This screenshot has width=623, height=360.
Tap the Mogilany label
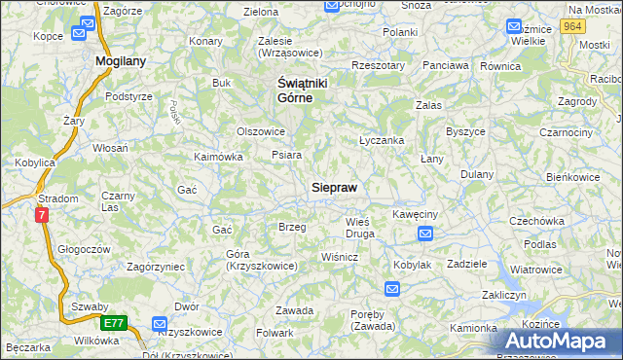pos(121,60)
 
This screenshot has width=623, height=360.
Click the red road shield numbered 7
pos(42,215)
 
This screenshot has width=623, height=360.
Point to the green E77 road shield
pos(113,322)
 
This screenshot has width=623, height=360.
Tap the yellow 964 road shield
pos(573,27)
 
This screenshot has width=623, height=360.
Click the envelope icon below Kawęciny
pos(425,234)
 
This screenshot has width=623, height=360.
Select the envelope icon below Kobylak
pos(391,288)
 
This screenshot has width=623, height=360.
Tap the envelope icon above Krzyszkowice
pos(160,324)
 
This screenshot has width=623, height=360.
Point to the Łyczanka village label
pos(382,140)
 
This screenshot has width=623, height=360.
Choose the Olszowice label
pos(261,130)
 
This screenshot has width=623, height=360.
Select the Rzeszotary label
pos(379,65)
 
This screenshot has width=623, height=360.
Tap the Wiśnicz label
pos(340,257)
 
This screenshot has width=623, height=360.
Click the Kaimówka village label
pos(218,156)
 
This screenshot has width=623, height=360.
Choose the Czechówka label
pos(537,221)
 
